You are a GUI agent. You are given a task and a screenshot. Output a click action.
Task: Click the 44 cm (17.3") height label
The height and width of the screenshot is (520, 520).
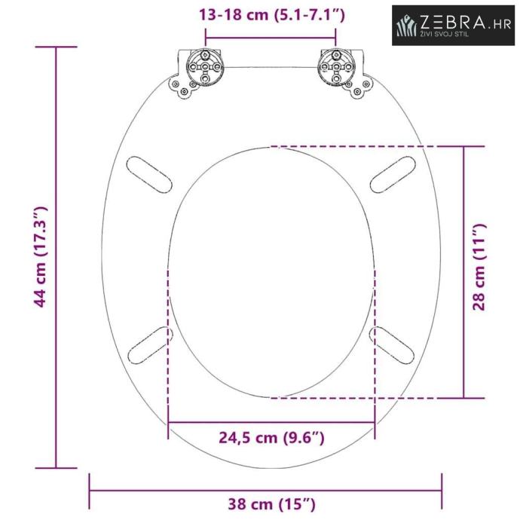click(41, 257)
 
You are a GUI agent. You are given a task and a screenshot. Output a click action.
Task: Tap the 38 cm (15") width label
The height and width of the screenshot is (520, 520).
click(271, 504)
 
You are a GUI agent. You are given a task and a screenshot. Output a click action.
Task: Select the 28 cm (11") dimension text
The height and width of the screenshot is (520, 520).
click(479, 267)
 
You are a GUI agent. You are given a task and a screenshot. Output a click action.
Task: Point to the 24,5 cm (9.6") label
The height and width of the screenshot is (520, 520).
click(271, 438)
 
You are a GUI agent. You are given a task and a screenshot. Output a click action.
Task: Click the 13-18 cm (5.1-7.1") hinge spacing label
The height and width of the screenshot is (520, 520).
click(272, 15)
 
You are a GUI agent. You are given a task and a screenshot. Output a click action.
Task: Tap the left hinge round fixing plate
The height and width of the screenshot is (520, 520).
click(205, 67)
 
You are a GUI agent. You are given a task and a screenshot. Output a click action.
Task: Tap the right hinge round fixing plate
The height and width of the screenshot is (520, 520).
click(336, 67)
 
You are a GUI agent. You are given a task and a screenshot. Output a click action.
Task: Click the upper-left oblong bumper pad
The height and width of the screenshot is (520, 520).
click(149, 175)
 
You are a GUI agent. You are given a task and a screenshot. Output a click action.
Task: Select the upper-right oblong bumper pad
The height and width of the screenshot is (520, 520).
click(393, 175)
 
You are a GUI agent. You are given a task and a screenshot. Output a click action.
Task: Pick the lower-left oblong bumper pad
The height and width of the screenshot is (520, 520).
click(150, 345)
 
